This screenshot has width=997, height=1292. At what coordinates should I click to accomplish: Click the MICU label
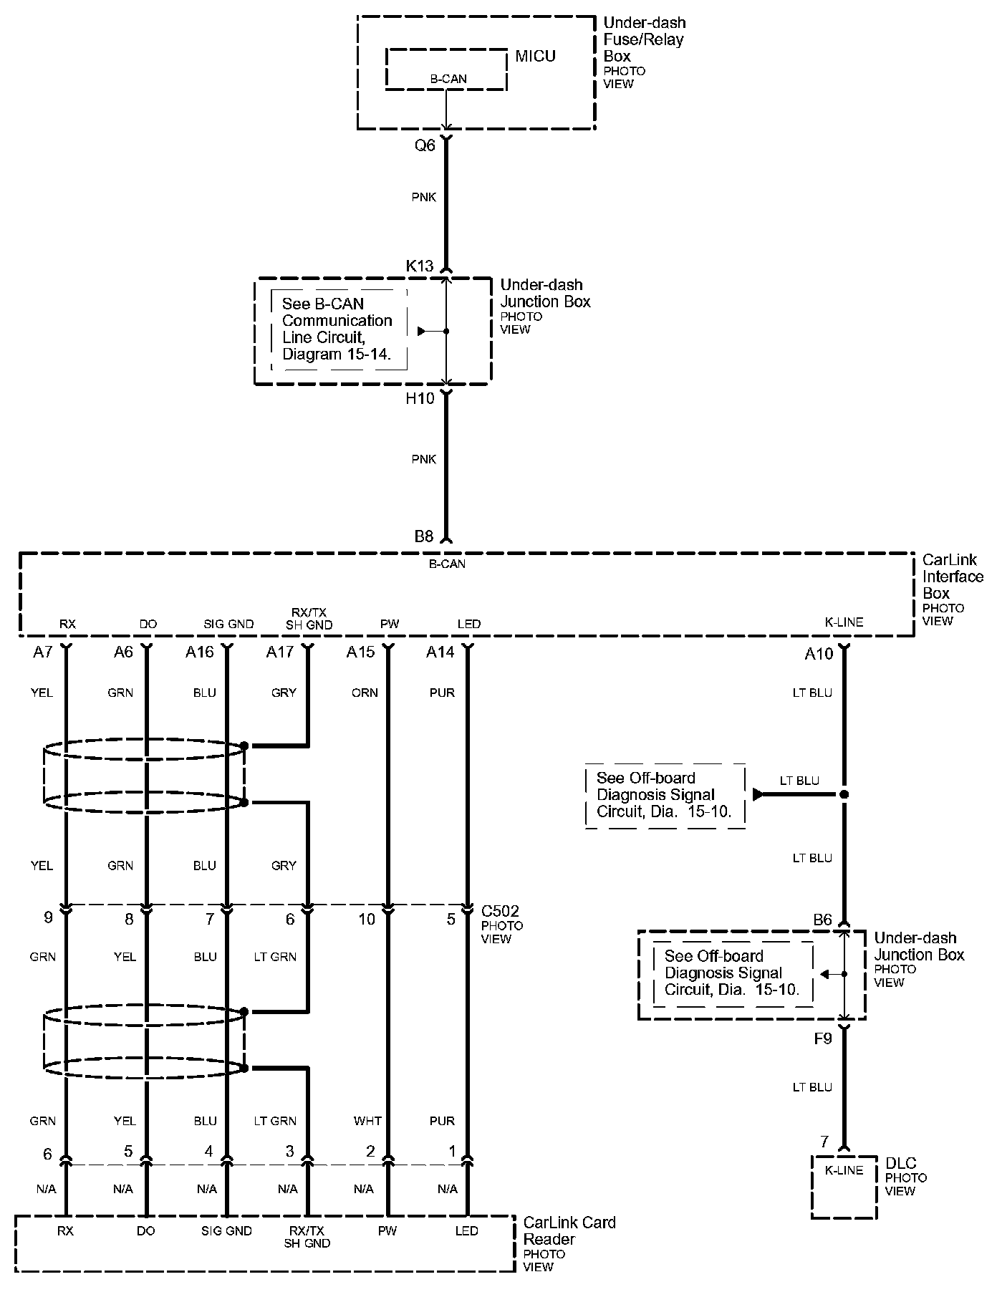coord(535,56)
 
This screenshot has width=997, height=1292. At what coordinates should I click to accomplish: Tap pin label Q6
coord(425,145)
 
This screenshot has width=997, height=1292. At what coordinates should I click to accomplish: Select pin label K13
coord(420,266)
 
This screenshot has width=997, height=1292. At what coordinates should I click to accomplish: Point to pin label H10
coord(420,399)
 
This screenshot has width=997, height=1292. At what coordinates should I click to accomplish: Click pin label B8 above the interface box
coord(424,536)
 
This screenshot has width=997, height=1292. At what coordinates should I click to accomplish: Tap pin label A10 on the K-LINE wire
coord(819,653)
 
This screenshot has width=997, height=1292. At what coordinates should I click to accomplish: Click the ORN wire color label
coord(365,693)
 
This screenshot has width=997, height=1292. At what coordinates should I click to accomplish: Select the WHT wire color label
coord(367,1120)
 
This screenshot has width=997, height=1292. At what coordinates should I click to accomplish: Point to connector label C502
coord(500,911)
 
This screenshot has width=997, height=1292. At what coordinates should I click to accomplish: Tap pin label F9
coord(823,1038)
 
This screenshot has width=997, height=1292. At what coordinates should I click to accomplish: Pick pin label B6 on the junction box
coord(822,920)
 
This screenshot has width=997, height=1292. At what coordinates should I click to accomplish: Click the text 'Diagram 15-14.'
coord(337,354)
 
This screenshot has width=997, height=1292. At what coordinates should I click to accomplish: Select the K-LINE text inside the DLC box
coord(844,1170)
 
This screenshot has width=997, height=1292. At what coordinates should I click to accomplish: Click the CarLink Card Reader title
coord(569,1230)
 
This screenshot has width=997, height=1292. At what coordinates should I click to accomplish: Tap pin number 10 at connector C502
coord(366,919)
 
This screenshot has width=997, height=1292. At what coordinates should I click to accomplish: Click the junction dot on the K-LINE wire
coord(844,794)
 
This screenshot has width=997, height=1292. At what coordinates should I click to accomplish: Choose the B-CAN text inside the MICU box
coord(448,79)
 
